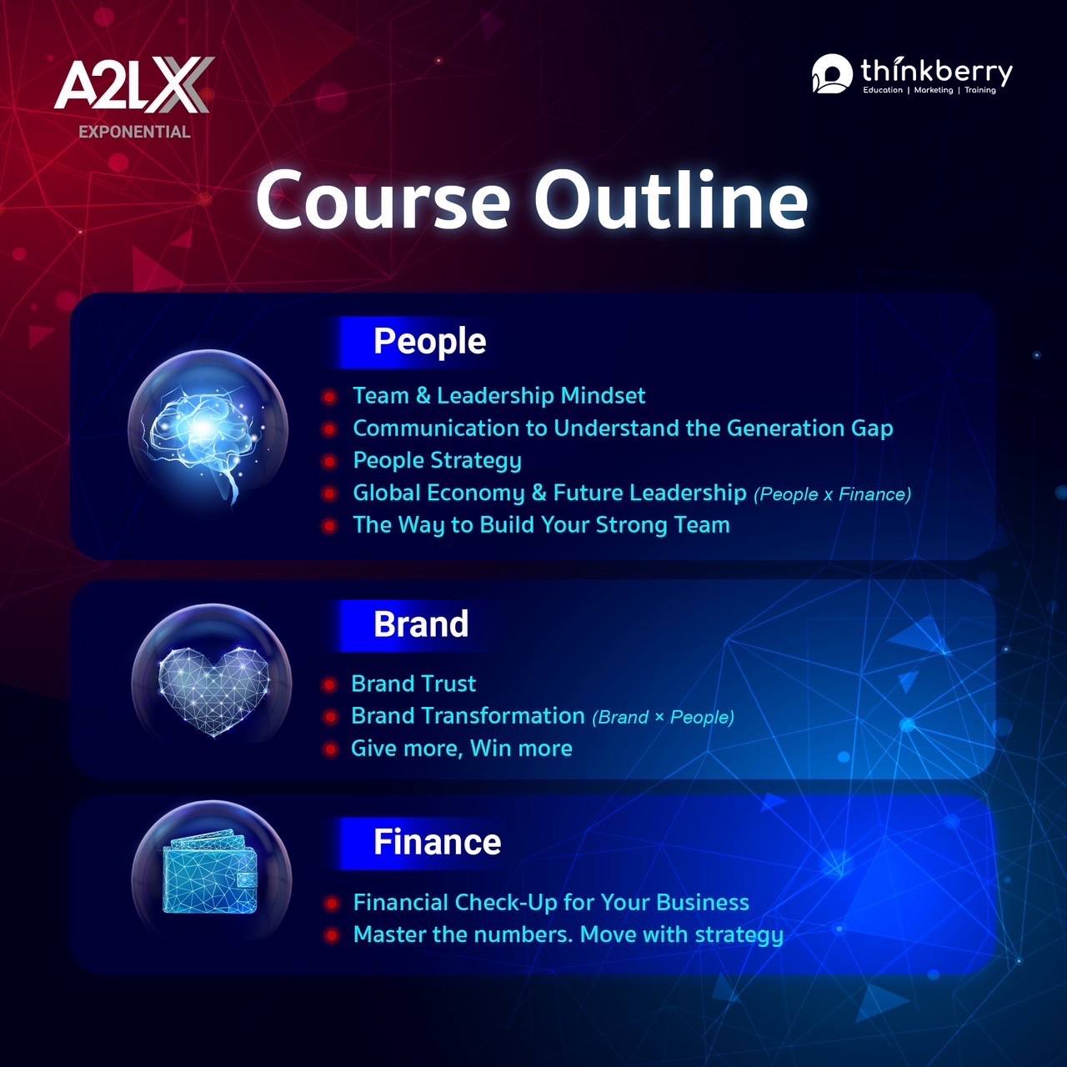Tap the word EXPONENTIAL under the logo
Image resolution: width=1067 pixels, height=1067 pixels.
coord(134,132)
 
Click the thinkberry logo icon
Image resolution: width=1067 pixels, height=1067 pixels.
coord(832,73)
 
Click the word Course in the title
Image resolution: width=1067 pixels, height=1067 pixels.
coord(383,200)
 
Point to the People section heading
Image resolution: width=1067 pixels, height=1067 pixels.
coord(429,341)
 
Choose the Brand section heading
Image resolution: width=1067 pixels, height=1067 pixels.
coord(421,624)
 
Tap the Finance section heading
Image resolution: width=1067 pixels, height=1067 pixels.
coord(437,842)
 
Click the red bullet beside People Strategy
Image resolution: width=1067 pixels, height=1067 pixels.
coord(330,461)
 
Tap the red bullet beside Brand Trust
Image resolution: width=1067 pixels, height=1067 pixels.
coord(330,685)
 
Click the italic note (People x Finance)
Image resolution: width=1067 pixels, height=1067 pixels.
coord(832,494)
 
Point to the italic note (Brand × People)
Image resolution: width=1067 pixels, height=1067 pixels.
coord(663,718)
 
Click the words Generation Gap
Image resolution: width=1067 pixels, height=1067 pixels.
coord(809,428)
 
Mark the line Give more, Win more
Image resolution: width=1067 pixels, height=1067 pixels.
coord(462,749)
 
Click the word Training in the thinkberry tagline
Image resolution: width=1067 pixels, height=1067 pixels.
coord(980,90)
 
